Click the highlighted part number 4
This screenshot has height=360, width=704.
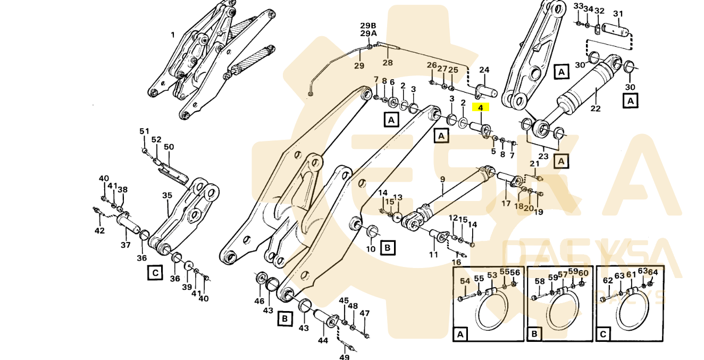pyautogui.click(x=480, y=107)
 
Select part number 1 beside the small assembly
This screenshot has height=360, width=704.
pyautogui.click(x=172, y=35)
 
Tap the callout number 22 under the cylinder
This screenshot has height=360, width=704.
pyautogui.click(x=596, y=109)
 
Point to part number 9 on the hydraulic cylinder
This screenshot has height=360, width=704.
pyautogui.click(x=442, y=179)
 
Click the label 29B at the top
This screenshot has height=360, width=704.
pyautogui.click(x=368, y=26)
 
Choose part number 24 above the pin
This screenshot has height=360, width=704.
pyautogui.click(x=484, y=70)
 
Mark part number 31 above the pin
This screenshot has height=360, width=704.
pyautogui.click(x=618, y=14)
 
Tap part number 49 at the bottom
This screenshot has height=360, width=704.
pyautogui.click(x=345, y=357)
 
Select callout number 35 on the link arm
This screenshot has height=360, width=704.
pyautogui.click(x=167, y=196)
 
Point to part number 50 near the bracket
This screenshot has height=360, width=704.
pyautogui.click(x=169, y=147)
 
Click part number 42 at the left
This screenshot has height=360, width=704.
pyautogui.click(x=99, y=230)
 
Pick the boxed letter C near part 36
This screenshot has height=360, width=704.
pyautogui.click(x=155, y=273)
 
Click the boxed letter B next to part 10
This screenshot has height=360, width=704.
pyautogui.click(x=388, y=247)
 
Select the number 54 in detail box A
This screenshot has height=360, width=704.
pyautogui.click(x=465, y=281)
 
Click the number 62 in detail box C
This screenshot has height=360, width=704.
pyautogui.click(x=607, y=281)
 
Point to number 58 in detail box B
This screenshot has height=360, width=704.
pyautogui.click(x=540, y=281)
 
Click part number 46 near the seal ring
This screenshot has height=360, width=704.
pyautogui.click(x=259, y=301)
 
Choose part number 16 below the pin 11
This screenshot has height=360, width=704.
pyautogui.click(x=456, y=262)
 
